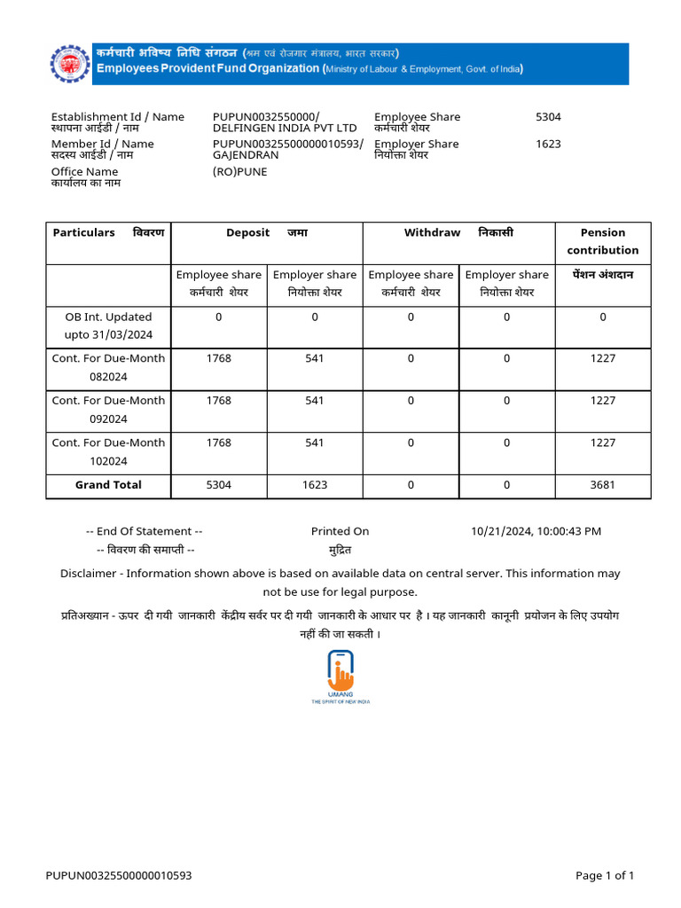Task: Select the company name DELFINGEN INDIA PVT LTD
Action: pyautogui.click(x=285, y=129)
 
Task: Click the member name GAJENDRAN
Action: pyautogui.click(x=246, y=155)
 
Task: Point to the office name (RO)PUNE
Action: pyautogui.click(x=239, y=172)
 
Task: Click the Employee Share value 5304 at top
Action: pyautogui.click(x=548, y=117)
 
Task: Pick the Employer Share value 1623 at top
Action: pyautogui.click(x=548, y=144)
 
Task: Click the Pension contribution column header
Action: pyautogui.click(x=603, y=241)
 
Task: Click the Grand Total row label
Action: pyautogui.click(x=108, y=485)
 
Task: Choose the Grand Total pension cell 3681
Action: pyautogui.click(x=603, y=485)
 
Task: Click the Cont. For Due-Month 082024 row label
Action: pyautogui.click(x=108, y=367)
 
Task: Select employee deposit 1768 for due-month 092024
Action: pyautogui.click(x=218, y=401)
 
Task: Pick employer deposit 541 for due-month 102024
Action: pyautogui.click(x=315, y=442)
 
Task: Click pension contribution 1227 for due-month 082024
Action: pyautogui.click(x=603, y=358)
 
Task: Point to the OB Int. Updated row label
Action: pyautogui.click(x=108, y=325)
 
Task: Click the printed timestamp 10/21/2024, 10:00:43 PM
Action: pyautogui.click(x=536, y=531)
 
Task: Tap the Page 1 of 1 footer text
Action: pyautogui.click(x=605, y=876)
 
